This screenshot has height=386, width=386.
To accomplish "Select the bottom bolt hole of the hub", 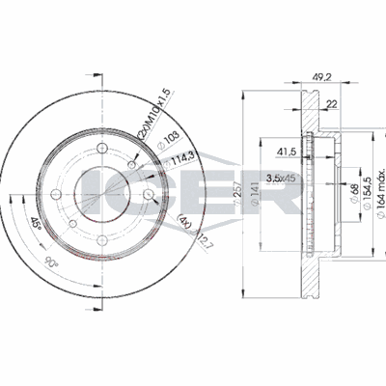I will pos(102,240).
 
